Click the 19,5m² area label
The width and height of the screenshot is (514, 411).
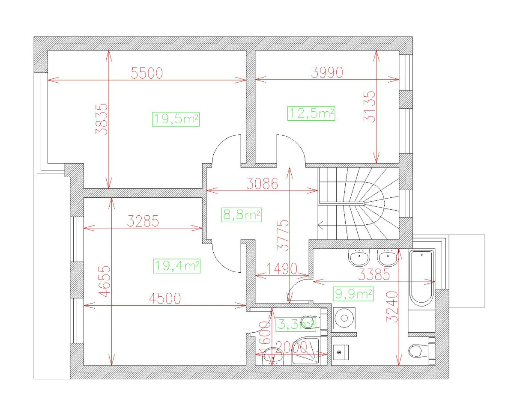coord(176,119)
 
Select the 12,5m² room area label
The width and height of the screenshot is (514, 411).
coord(311,113)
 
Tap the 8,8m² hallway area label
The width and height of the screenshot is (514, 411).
coord(242,214)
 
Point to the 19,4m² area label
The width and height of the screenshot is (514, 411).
coord(176,266)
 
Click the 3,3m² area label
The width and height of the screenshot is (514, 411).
coord(296,325)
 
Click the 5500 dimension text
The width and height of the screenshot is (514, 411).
coord(147,74)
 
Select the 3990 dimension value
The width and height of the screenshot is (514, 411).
coord(327,73)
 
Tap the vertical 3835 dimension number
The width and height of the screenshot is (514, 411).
coord(102,119)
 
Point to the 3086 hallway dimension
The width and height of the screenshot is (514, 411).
coord(262,184)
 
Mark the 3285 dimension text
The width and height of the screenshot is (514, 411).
coord(143,221)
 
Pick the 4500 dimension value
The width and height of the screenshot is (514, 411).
coord(164,299)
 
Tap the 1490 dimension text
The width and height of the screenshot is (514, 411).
coord(281,269)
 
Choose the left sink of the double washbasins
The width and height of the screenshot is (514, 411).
coord(359,258)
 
